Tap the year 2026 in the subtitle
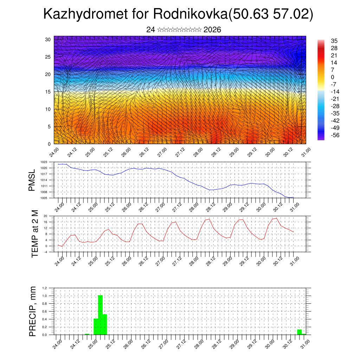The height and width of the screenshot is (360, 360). [212, 30]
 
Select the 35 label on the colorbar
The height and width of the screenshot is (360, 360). [334, 41]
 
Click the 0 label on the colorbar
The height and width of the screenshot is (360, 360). [332, 77]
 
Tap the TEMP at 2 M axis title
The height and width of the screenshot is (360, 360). [34, 234]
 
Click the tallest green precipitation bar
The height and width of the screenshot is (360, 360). [100, 315]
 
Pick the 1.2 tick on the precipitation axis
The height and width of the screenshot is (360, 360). [45, 288]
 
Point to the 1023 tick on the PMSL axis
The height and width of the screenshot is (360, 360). [44, 162]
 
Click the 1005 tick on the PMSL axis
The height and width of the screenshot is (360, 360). [44, 198]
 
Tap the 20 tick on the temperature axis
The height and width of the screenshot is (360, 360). [45, 216]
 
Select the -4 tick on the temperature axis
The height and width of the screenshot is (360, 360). [45, 252]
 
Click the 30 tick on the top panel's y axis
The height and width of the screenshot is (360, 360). [47, 39]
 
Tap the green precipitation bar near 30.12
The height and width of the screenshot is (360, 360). [299, 332]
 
